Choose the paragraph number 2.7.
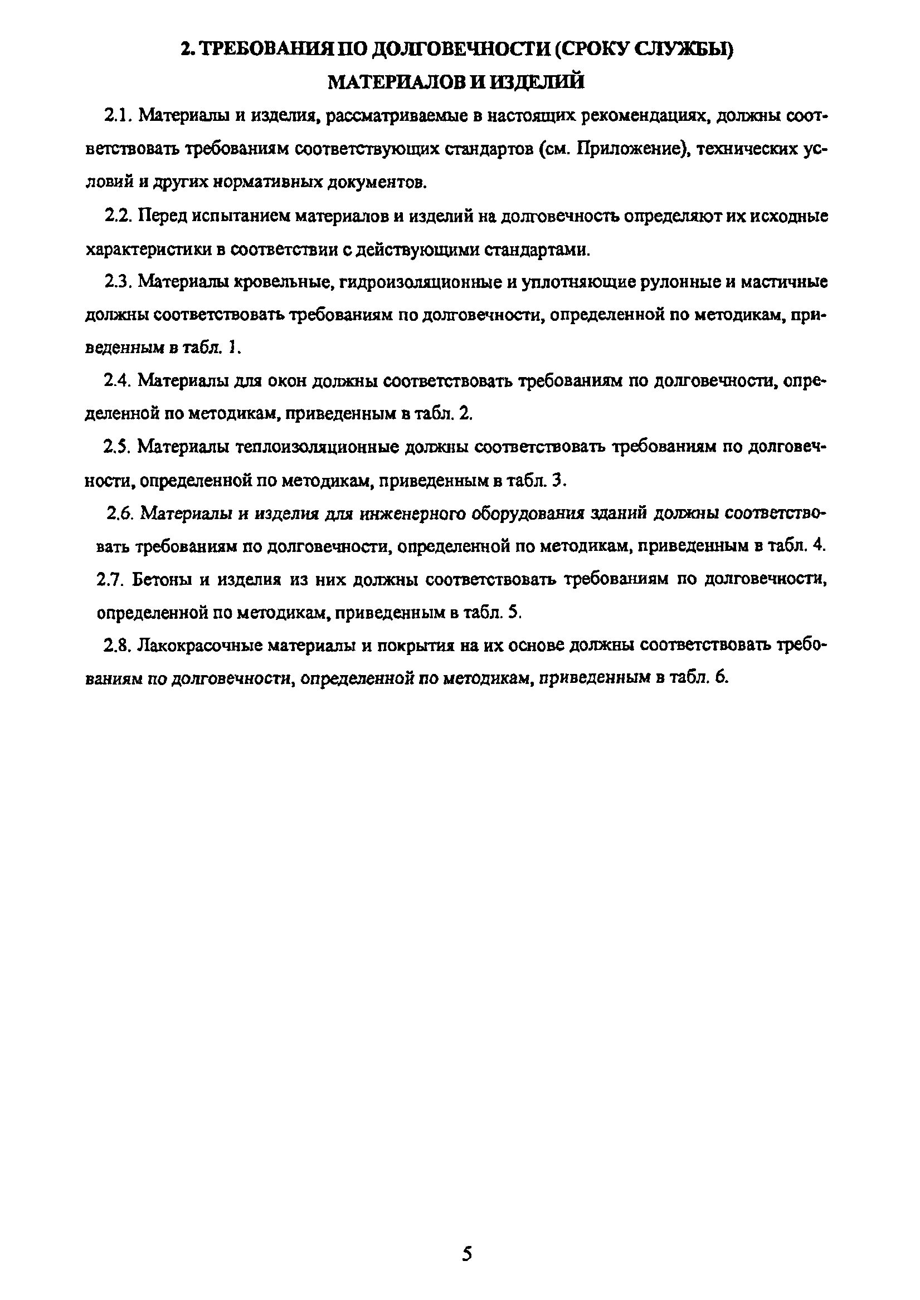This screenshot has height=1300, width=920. [x=110, y=579]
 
